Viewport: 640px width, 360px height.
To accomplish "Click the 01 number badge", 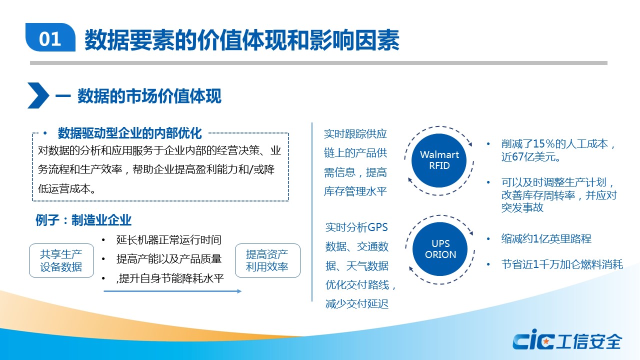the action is [x=50, y=37].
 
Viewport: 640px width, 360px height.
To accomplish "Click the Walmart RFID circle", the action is [x=439, y=160].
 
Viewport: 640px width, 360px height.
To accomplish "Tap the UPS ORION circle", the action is [x=440, y=249].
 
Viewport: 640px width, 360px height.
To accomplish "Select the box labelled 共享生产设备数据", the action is [x=61, y=260].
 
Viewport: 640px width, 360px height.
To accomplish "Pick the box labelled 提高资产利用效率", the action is [x=267, y=260].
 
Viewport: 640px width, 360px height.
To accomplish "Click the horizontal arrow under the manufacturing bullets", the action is [x=172, y=291].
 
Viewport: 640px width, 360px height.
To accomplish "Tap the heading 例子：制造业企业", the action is [x=83, y=220].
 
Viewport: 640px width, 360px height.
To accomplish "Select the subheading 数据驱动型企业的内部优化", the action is [x=130, y=133].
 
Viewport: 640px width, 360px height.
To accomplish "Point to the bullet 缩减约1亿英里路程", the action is [x=546, y=239].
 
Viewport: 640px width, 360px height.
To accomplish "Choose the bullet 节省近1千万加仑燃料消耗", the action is [x=562, y=264].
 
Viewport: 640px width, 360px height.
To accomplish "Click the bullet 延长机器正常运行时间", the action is [x=169, y=239].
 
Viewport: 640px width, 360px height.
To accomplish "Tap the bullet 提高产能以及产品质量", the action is [x=169, y=259].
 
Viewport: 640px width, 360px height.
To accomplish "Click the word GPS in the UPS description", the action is [x=377, y=227].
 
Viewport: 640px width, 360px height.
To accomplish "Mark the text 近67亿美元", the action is [x=530, y=157].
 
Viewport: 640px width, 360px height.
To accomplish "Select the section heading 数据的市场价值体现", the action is [x=149, y=96].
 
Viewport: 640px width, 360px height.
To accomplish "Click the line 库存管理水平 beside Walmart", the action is [x=355, y=191].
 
